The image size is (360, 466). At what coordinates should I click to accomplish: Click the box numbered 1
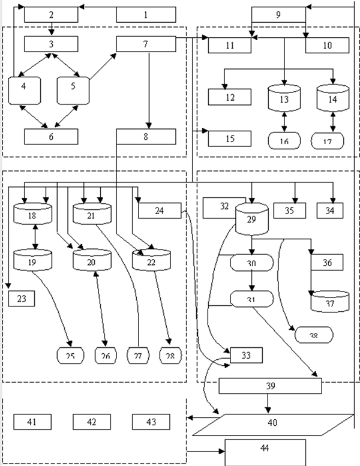(x=145, y=14)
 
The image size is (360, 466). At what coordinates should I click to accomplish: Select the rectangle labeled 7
(x=145, y=44)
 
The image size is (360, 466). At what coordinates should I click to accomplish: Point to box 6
(x=51, y=136)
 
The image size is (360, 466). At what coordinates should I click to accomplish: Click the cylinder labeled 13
(x=283, y=98)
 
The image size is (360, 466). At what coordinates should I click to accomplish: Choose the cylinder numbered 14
(x=332, y=98)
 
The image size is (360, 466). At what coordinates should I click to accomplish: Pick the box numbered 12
(x=230, y=97)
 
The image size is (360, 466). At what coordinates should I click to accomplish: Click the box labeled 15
(x=230, y=139)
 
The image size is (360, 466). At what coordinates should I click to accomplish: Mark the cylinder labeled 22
(x=151, y=260)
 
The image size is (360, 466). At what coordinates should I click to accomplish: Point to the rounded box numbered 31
(x=252, y=298)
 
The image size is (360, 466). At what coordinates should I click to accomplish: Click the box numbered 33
(x=244, y=355)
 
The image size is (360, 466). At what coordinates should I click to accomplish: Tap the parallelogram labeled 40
(x=272, y=422)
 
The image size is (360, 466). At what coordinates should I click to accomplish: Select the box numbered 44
(x=265, y=447)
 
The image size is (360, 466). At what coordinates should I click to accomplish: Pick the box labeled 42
(x=91, y=422)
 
